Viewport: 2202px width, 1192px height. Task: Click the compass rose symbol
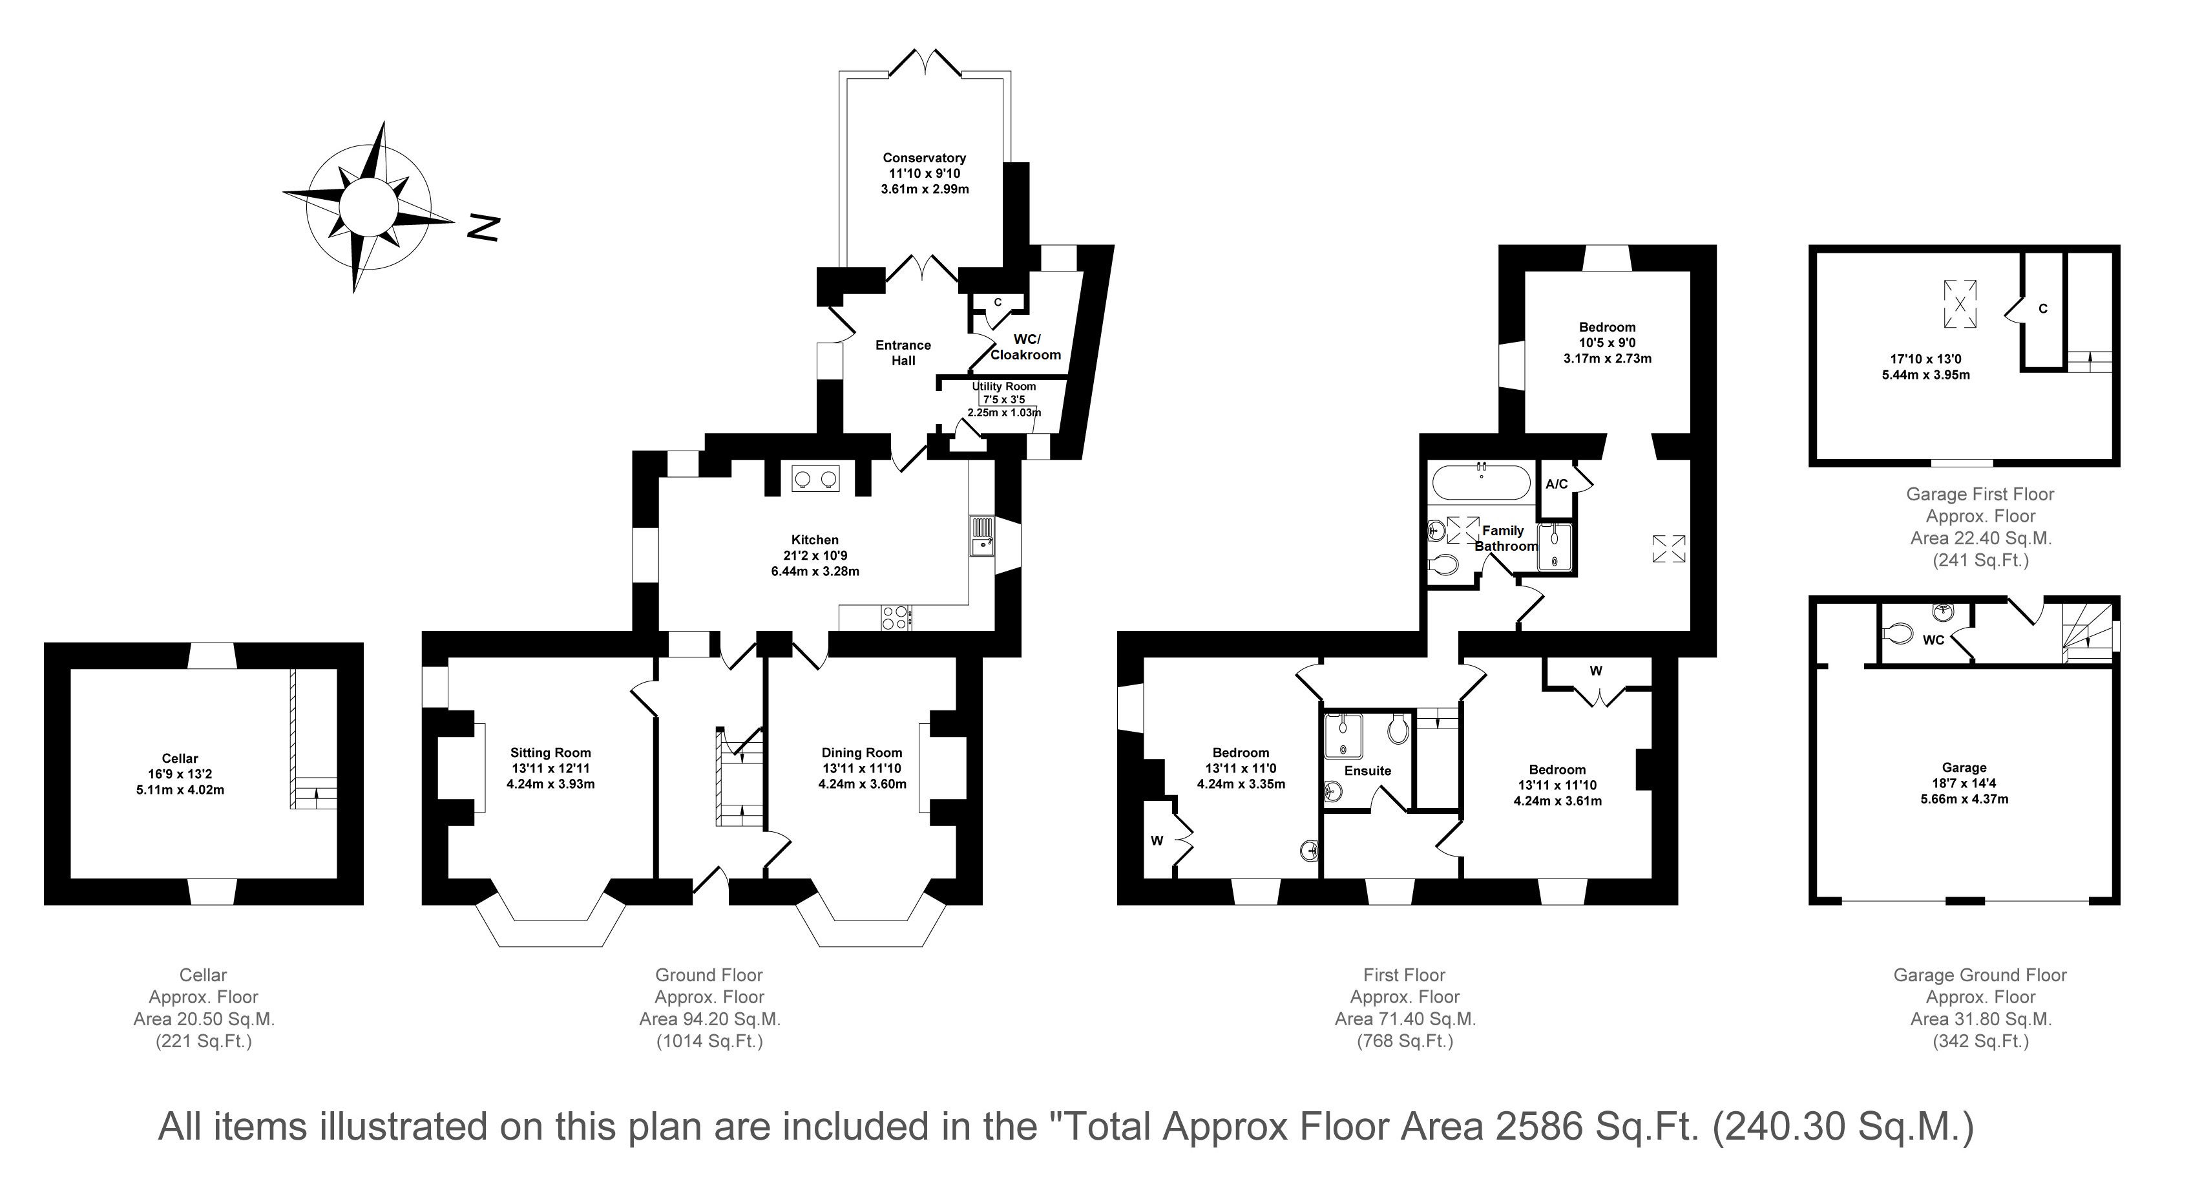368,207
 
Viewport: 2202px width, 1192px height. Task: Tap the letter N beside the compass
483,228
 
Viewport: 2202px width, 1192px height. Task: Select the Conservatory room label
924,157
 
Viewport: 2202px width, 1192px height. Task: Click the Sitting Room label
550,752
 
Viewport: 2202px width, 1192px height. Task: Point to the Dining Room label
862,752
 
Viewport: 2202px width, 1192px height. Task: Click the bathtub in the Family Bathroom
1482,482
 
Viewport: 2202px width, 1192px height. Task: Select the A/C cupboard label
1557,484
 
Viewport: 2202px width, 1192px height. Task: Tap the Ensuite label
1368,771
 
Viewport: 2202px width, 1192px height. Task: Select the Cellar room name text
180,758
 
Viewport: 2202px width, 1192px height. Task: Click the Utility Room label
1003,387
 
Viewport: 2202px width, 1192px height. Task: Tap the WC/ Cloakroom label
1026,347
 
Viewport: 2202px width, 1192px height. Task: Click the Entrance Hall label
903,353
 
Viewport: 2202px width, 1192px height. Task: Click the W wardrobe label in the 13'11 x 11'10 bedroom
1595,671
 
